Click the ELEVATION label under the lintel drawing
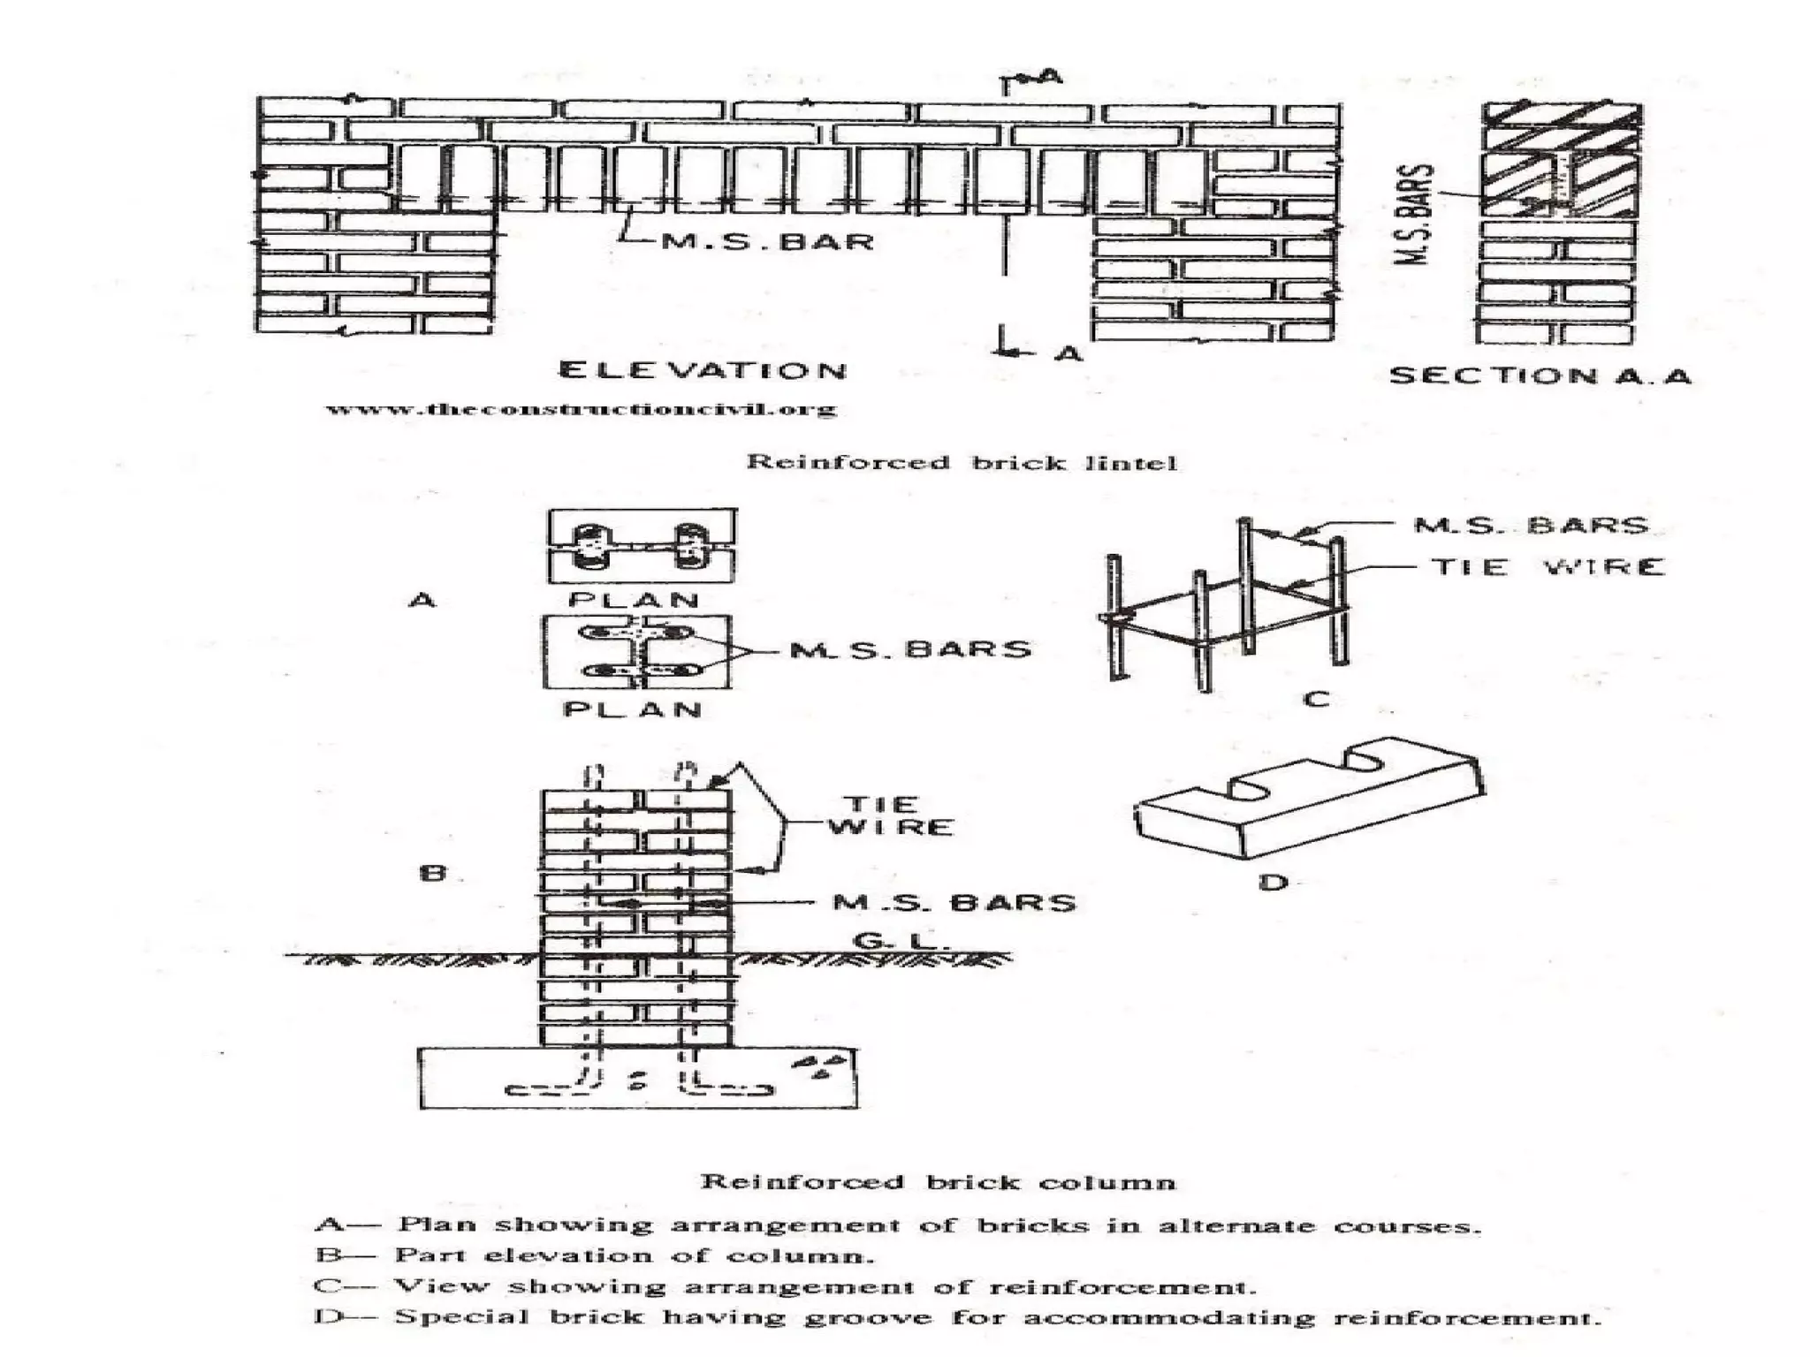[703, 370]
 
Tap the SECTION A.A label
[1540, 375]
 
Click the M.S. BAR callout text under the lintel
[767, 240]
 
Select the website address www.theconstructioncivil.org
[581, 409]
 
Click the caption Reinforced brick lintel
[962, 462]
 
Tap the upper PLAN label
[635, 599]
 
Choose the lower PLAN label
[633, 709]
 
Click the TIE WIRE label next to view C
[1548, 566]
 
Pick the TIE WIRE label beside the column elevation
[891, 815]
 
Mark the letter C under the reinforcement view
[1316, 700]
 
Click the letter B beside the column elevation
[433, 873]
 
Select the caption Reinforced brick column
[938, 1182]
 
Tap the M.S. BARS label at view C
[1532, 525]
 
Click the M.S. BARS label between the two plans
[910, 649]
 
